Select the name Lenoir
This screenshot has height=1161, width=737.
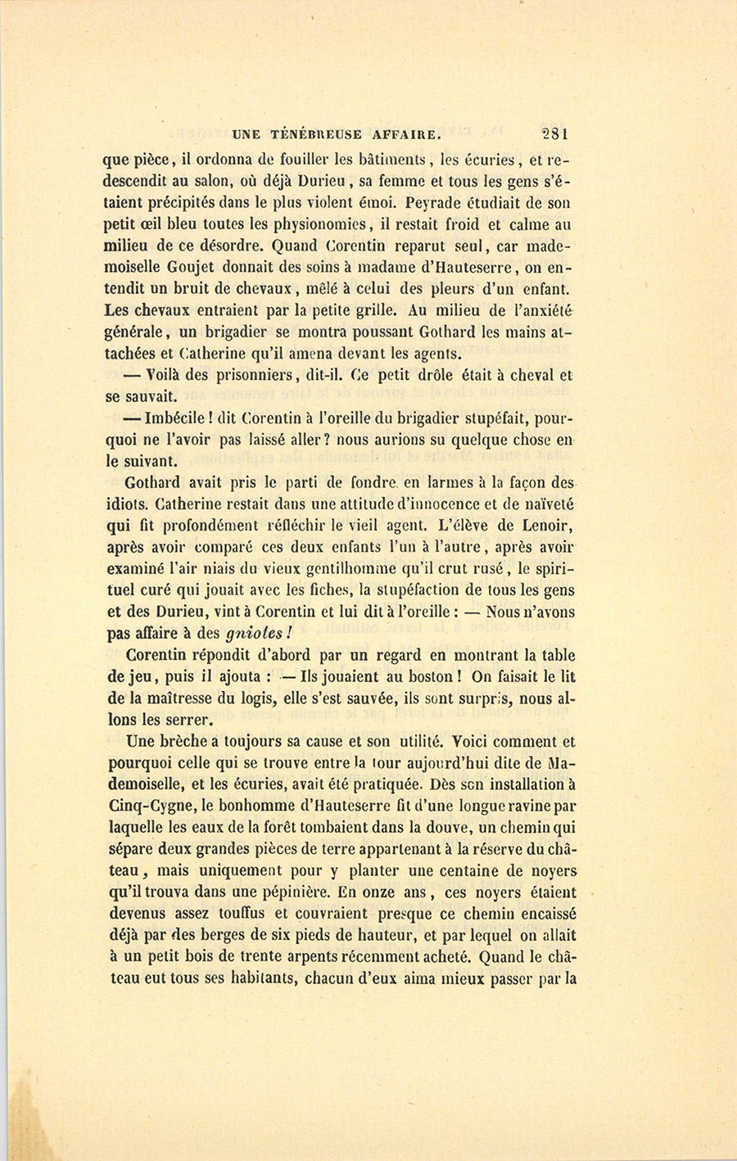(541, 524)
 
